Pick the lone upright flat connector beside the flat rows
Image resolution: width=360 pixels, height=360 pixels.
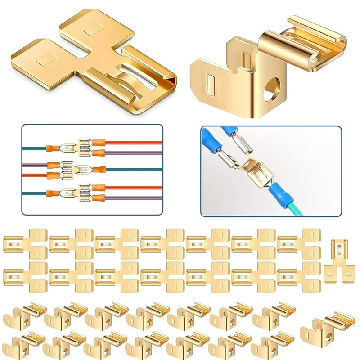click(339, 261)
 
